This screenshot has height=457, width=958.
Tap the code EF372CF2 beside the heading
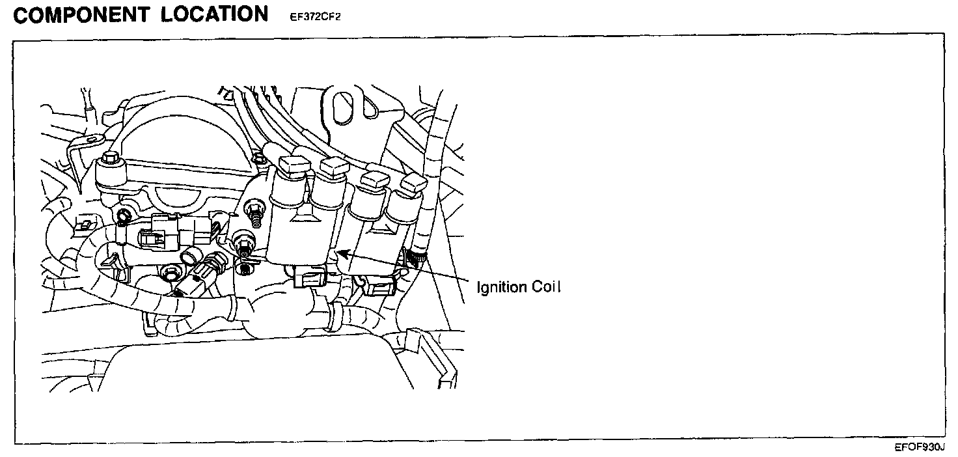click(x=315, y=17)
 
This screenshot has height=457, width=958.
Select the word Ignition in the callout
click(x=501, y=287)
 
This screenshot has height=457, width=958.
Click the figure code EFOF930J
click(x=919, y=448)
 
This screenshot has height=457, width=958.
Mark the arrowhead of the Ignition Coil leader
click(x=340, y=252)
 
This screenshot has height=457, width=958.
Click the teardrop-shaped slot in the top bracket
click(x=344, y=104)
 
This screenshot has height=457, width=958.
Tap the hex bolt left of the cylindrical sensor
click(x=171, y=273)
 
